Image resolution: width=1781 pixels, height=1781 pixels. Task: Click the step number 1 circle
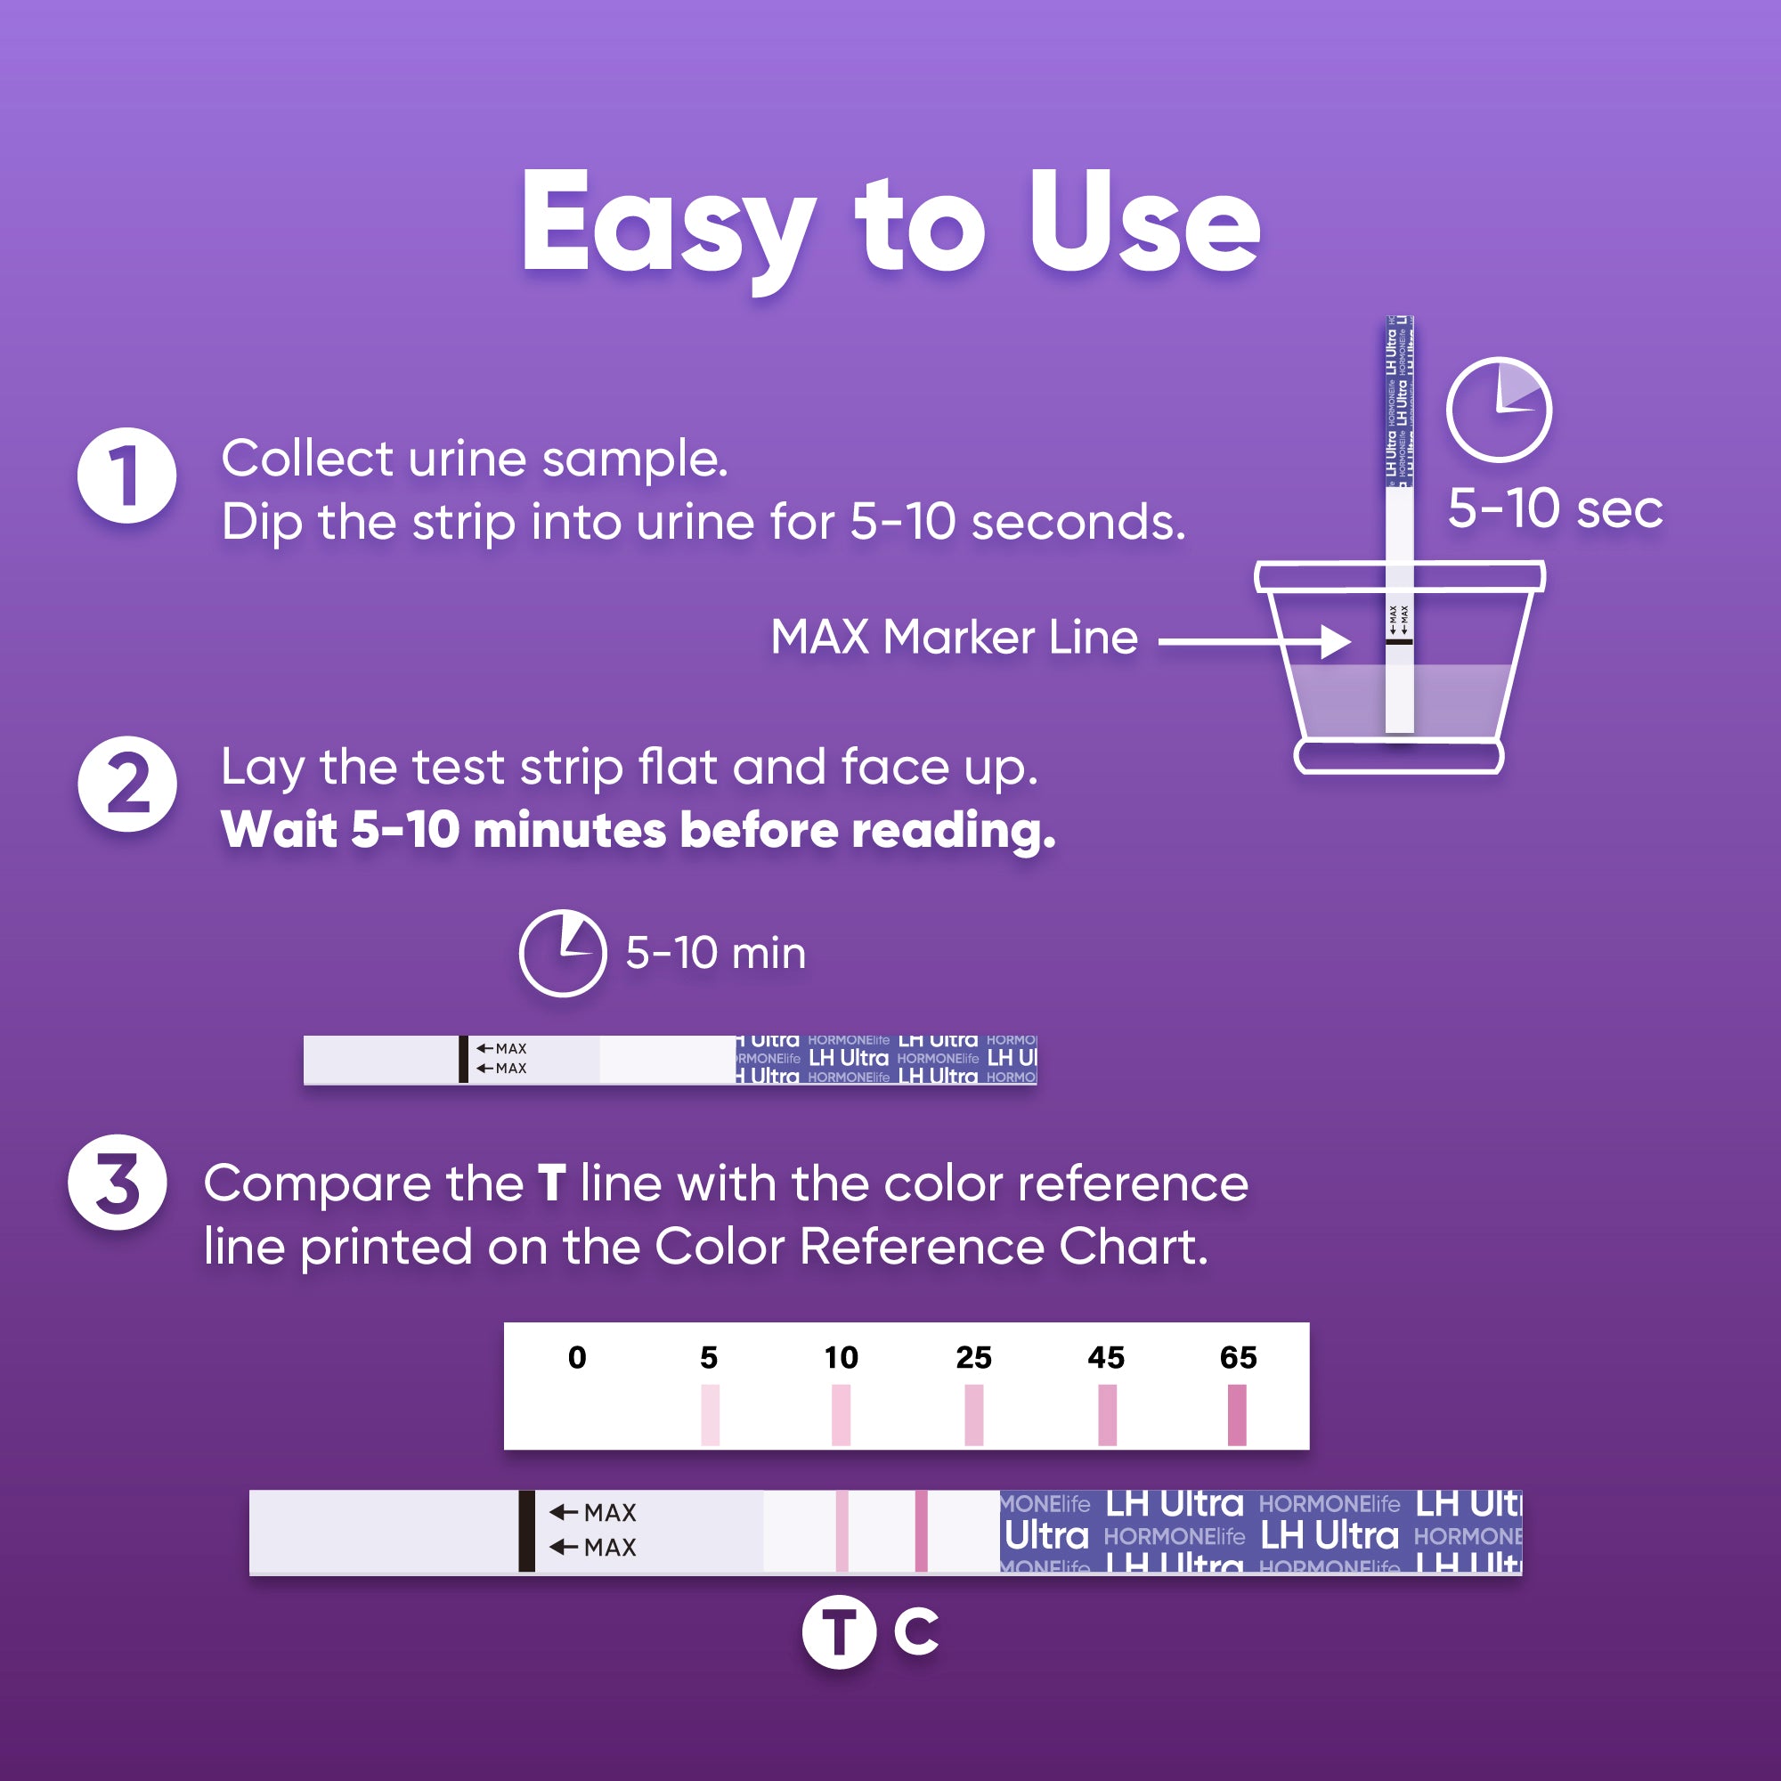tap(126, 476)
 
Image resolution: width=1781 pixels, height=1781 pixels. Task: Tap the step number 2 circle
tap(126, 784)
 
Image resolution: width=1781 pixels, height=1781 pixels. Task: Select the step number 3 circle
tap(117, 1183)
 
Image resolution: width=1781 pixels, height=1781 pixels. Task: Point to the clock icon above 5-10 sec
tap(1499, 411)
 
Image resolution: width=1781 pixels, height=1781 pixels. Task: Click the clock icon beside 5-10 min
tap(562, 953)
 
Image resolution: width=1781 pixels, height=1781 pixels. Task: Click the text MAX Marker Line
tap(954, 637)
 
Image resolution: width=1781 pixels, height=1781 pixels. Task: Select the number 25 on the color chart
tap(973, 1358)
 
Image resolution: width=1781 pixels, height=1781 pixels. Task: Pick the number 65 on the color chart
tap(1238, 1358)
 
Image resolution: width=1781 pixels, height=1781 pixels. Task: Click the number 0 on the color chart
tap(577, 1358)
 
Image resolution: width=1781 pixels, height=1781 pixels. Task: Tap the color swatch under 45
tap(1107, 1415)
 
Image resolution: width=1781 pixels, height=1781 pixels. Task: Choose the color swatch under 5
tap(710, 1415)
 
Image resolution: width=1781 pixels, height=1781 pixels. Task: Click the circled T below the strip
tap(839, 1632)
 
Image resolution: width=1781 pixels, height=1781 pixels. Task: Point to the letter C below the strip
tap(916, 1631)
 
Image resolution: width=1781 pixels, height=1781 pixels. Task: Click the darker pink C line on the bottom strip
tap(921, 1531)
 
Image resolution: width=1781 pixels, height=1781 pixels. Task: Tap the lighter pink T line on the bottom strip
tap(842, 1531)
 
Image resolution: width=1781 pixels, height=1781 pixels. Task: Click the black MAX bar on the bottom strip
tap(526, 1531)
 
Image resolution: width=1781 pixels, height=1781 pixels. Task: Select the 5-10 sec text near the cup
tap(1555, 508)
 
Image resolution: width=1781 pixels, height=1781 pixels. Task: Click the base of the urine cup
tap(1398, 757)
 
